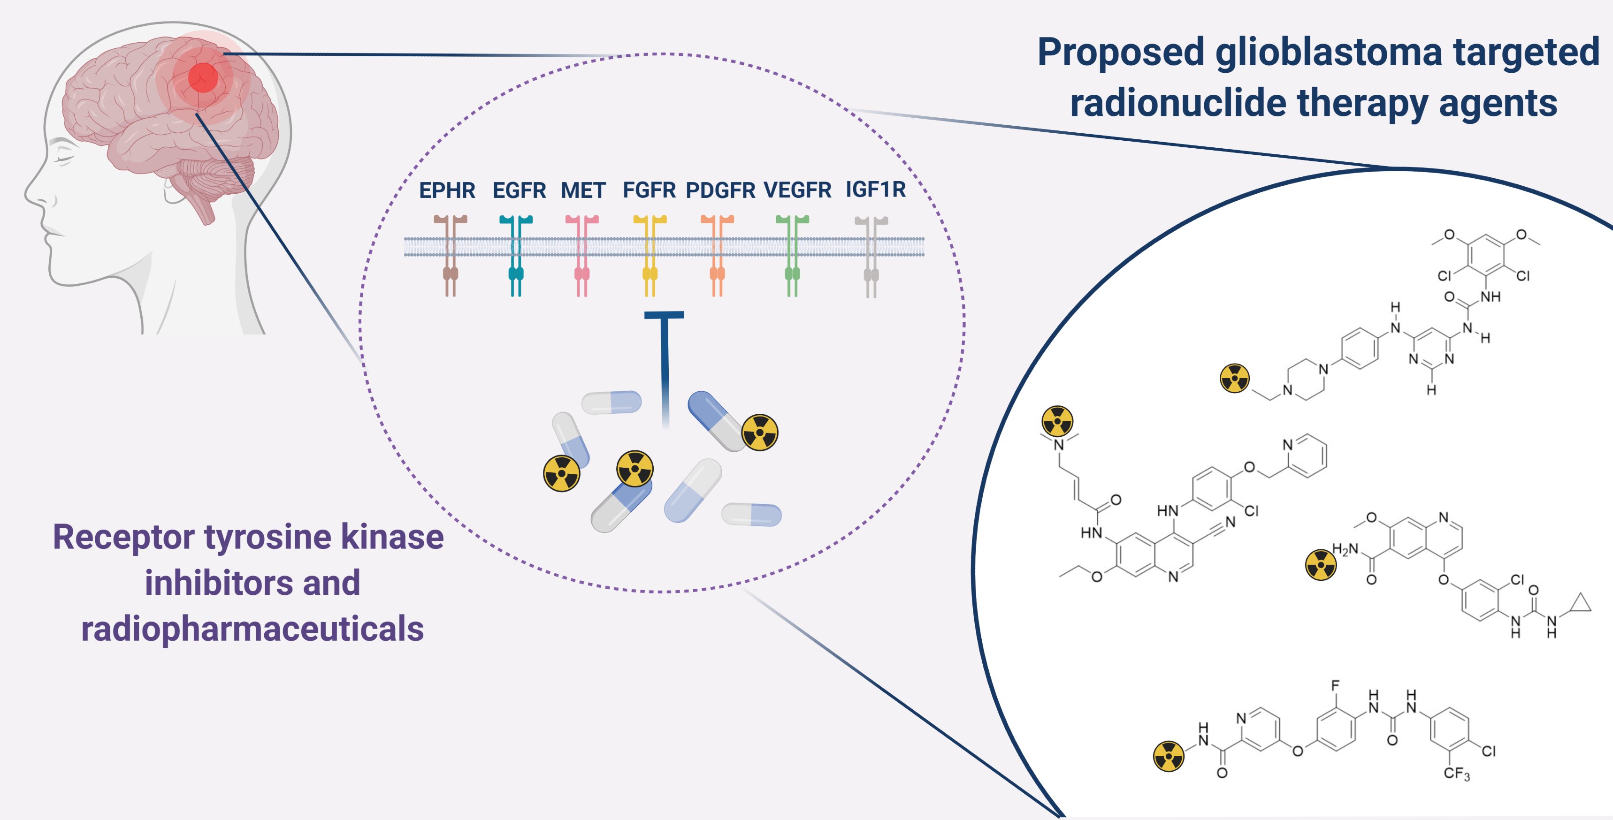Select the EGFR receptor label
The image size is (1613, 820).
pyautogui.click(x=519, y=190)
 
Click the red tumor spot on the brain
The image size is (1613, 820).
pyautogui.click(x=203, y=77)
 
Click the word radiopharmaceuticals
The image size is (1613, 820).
pyautogui.click(x=252, y=629)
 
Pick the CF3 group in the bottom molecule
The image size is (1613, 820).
pyautogui.click(x=1456, y=774)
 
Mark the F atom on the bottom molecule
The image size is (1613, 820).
pyautogui.click(x=1335, y=685)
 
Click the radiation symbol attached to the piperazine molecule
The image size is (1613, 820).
pyautogui.click(x=1235, y=378)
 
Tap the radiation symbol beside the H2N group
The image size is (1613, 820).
pyautogui.click(x=1321, y=565)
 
